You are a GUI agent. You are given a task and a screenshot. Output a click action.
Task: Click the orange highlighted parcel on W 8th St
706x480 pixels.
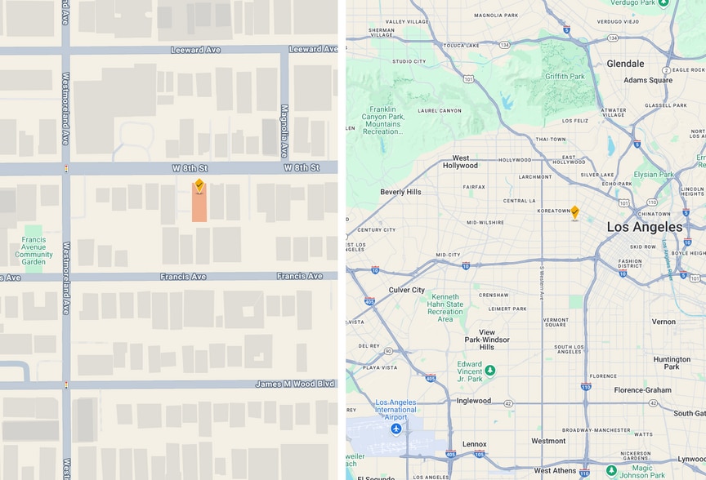199,204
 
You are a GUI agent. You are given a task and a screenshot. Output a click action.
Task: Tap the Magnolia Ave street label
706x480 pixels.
284,131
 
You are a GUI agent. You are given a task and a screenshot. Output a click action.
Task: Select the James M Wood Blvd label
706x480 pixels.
295,384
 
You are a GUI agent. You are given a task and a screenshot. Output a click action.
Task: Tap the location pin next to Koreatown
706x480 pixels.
574,212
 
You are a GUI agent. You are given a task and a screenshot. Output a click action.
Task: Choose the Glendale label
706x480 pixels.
625,64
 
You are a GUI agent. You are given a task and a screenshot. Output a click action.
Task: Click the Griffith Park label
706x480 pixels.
565,77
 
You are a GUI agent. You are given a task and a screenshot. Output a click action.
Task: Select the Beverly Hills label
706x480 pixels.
400,192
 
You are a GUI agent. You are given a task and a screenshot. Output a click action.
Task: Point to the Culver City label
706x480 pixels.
407,290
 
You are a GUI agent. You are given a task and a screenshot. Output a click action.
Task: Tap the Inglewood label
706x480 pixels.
474,401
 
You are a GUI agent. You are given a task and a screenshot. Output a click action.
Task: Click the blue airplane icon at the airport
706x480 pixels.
396,428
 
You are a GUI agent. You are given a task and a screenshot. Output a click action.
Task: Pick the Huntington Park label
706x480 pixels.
672,363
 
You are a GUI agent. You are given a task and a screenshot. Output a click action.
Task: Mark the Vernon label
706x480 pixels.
664,322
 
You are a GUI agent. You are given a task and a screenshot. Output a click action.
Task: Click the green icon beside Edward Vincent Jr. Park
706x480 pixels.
489,370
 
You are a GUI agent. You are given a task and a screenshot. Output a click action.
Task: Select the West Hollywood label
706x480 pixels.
460,162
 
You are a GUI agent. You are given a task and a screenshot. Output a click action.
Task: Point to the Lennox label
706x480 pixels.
474,445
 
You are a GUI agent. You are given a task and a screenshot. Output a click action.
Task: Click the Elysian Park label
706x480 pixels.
654,174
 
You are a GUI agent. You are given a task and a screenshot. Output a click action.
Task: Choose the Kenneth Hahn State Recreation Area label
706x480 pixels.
445,308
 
